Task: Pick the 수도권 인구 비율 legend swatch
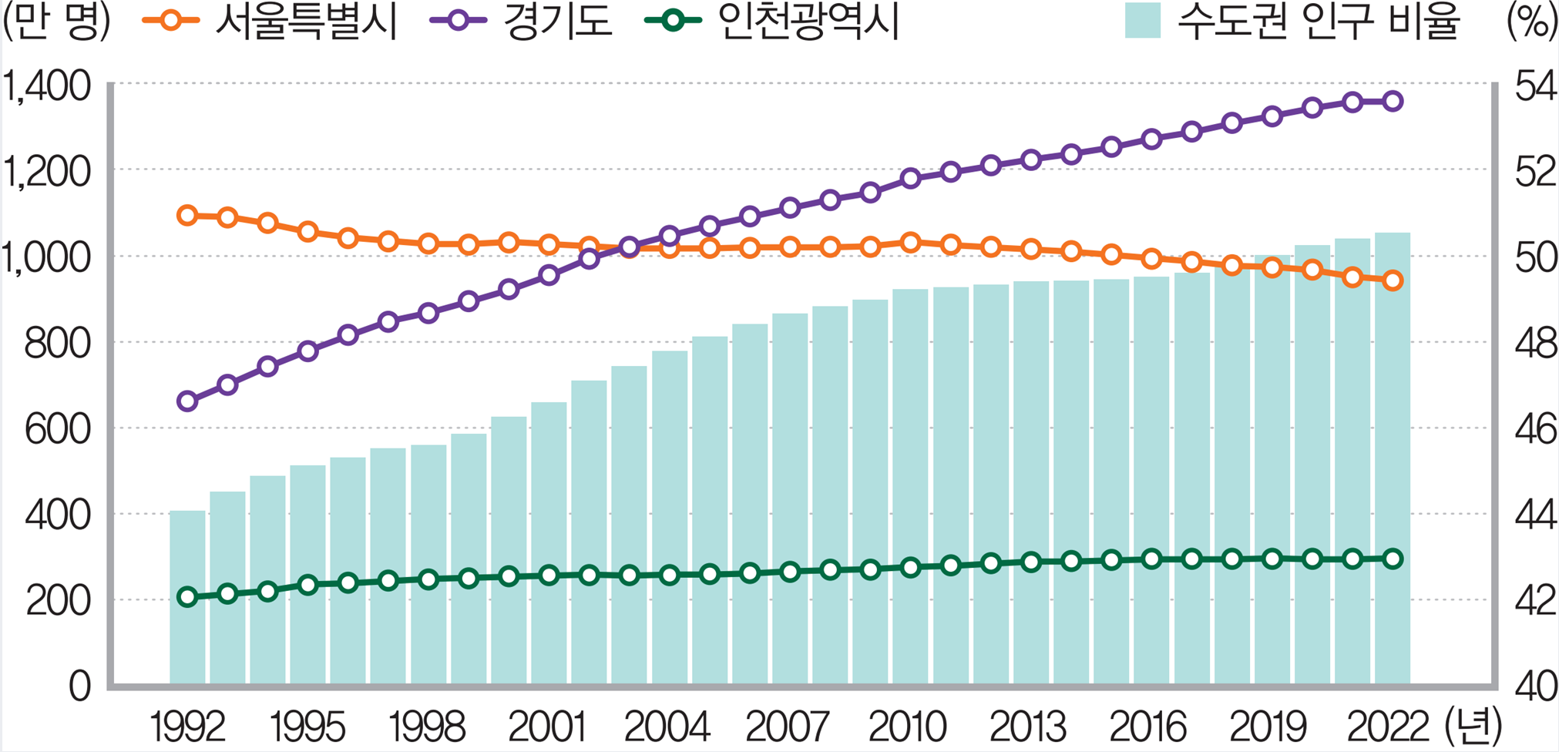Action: [x=1143, y=21]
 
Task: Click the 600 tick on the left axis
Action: [x=58, y=430]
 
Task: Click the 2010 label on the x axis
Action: [x=908, y=727]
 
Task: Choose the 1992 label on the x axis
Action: [x=187, y=727]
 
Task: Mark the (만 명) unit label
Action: [x=55, y=22]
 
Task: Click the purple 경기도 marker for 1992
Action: [x=187, y=401]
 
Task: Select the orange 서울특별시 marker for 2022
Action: [x=1393, y=280]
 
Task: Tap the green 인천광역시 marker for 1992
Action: [x=187, y=597]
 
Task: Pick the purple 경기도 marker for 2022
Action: [x=1393, y=101]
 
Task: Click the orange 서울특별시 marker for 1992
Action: [x=187, y=215]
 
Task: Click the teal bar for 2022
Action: [x=1393, y=462]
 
